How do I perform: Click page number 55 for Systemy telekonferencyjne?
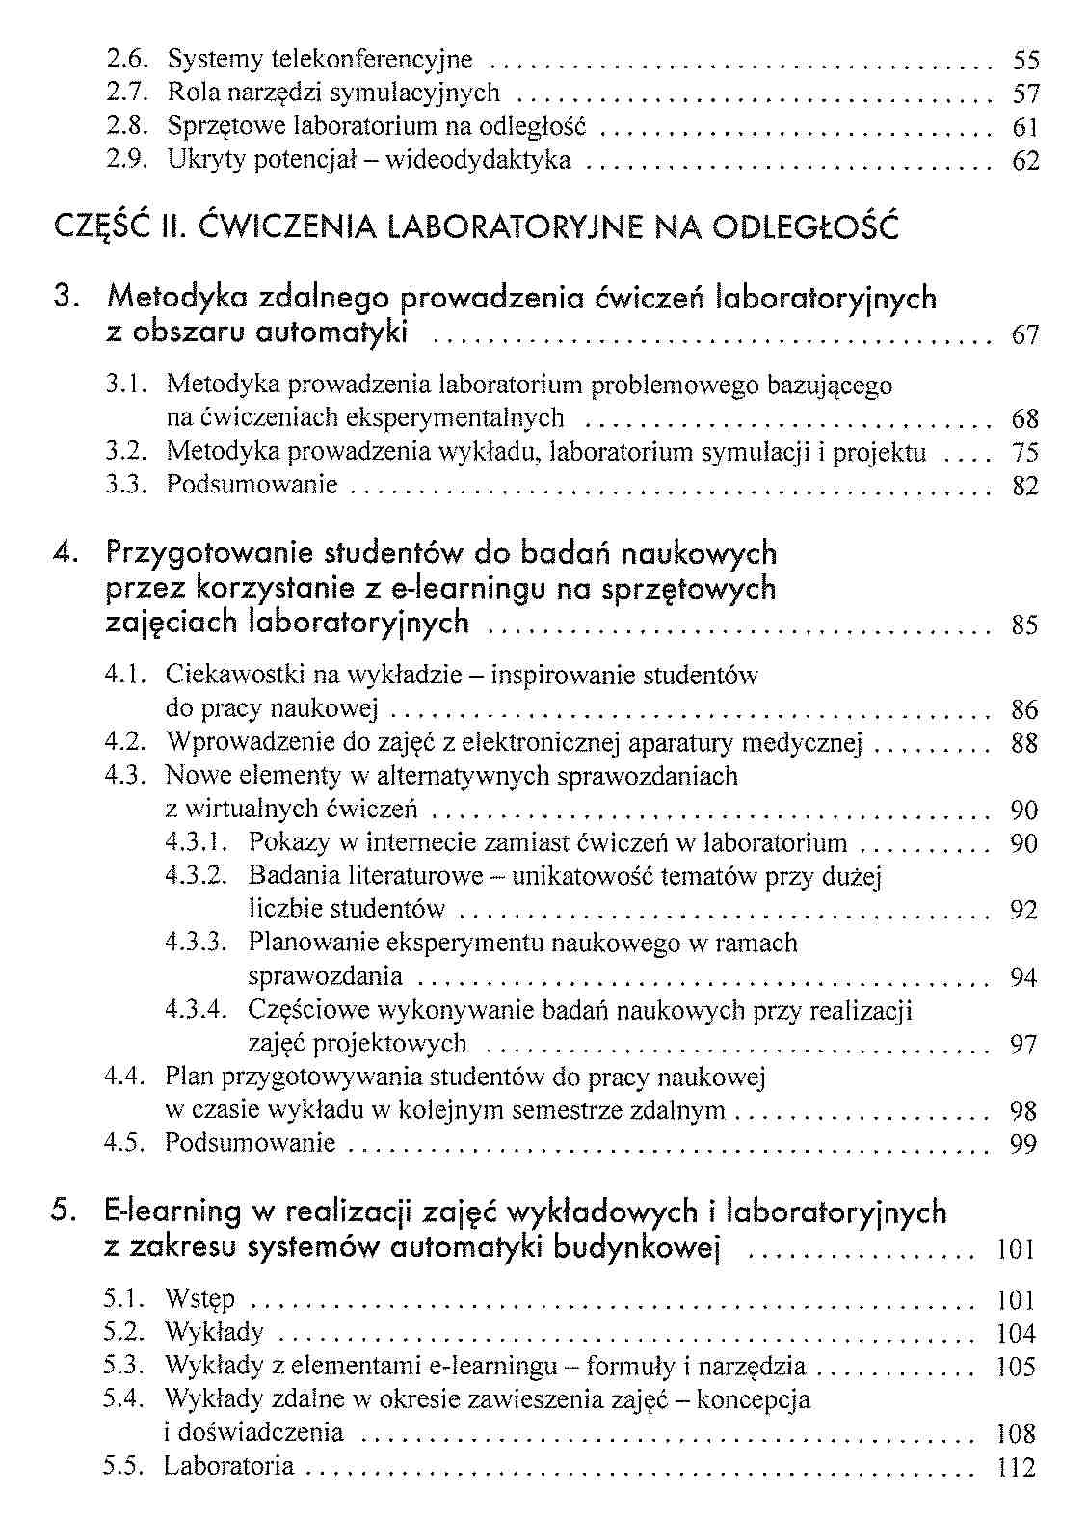pyautogui.click(x=1026, y=61)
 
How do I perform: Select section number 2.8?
pyautogui.click(x=125, y=126)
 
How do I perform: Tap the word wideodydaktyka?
pyautogui.click(x=478, y=160)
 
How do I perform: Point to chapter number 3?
pyautogui.click(x=66, y=298)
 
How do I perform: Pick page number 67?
pyautogui.click(x=1025, y=335)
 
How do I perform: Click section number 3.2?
pyautogui.click(x=125, y=452)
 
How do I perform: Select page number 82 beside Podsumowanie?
pyautogui.click(x=1025, y=486)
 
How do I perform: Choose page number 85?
pyautogui.click(x=1025, y=625)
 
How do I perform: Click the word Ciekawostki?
pyautogui.click(x=230, y=675)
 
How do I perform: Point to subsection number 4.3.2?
pyautogui.click(x=196, y=876)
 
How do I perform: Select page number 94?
pyautogui.click(x=1023, y=977)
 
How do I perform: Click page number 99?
pyautogui.click(x=1023, y=1144)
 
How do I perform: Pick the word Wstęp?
pyautogui.click(x=199, y=1300)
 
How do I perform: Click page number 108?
pyautogui.click(x=1016, y=1433)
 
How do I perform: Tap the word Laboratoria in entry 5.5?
pyautogui.click(x=228, y=1467)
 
